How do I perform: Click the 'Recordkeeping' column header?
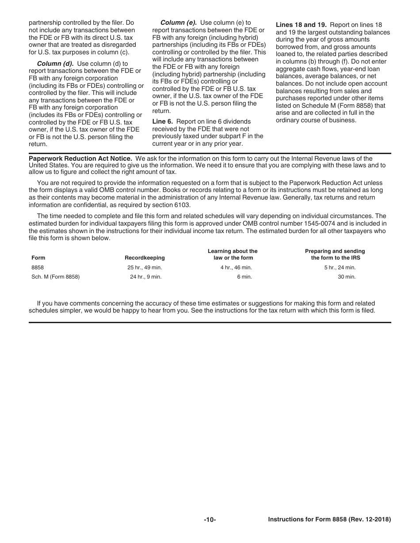click(145, 258)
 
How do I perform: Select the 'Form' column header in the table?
click(38, 258)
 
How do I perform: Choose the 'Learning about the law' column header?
click(233, 254)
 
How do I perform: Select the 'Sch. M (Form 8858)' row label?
click(55, 277)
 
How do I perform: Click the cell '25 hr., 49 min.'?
click(145, 268)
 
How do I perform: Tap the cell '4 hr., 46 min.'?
click(236, 268)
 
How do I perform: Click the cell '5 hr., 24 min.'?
click(340, 268)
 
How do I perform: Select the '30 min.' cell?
click(347, 277)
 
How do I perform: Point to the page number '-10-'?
click(210, 520)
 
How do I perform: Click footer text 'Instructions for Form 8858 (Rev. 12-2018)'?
click(329, 520)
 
